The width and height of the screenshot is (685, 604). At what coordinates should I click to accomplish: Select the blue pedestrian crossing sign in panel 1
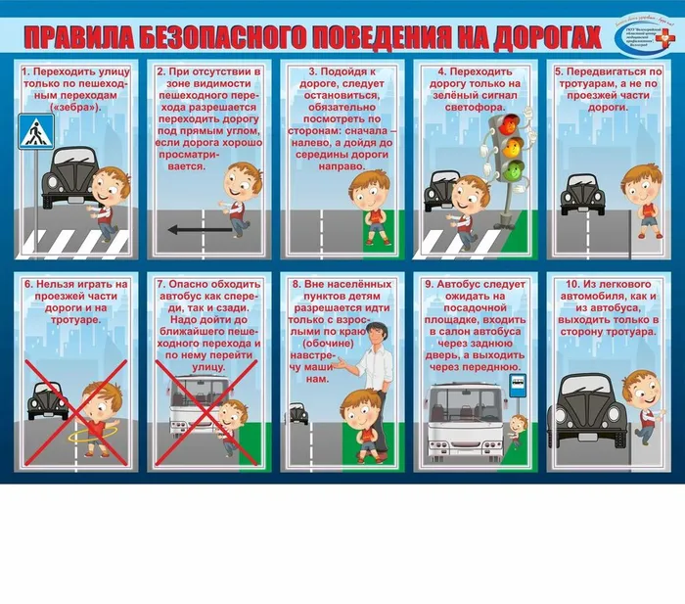[36, 131]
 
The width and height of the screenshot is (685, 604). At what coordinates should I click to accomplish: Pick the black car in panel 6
[46, 400]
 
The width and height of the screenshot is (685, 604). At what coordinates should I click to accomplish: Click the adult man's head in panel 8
[373, 336]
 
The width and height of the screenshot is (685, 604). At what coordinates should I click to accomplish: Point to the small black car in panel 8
[298, 413]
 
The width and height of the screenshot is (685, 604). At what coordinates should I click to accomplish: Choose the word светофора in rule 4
[479, 107]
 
